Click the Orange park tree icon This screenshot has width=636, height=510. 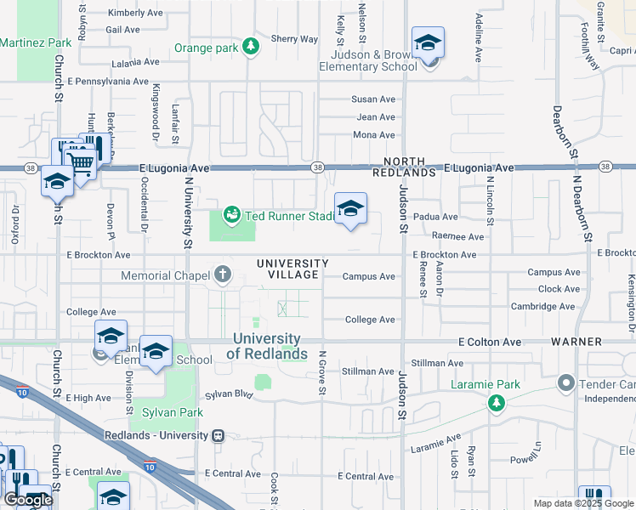(251, 48)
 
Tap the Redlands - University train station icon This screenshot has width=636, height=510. (219, 435)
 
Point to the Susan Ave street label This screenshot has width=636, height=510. (374, 99)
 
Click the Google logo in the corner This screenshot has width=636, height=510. (28, 500)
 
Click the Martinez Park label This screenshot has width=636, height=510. (36, 42)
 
